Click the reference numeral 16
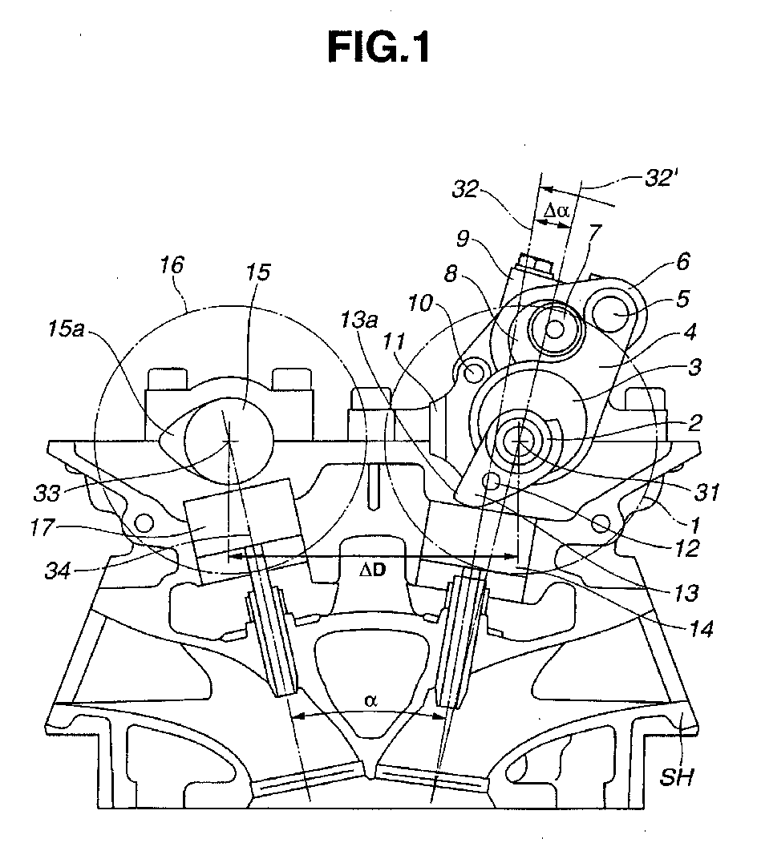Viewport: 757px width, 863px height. pos(172,264)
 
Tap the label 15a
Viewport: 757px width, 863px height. pos(66,330)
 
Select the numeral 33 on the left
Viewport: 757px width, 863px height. pos(47,493)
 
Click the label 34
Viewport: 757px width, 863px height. pos(58,571)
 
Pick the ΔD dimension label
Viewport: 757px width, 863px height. pos(373,570)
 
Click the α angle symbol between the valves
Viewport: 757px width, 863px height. pos(370,700)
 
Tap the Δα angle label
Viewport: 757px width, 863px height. pos(557,210)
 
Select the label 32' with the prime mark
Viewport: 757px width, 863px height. pos(658,179)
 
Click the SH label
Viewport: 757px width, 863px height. pos(676,777)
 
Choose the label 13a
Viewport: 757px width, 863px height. pos(358,320)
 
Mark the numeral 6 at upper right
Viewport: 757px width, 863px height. pos(682,262)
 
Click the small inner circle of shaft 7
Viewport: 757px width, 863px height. pos(555,329)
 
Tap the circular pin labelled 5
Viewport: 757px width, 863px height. pos(612,314)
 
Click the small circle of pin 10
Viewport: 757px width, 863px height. pos(472,373)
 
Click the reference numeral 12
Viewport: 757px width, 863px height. pos(687,549)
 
